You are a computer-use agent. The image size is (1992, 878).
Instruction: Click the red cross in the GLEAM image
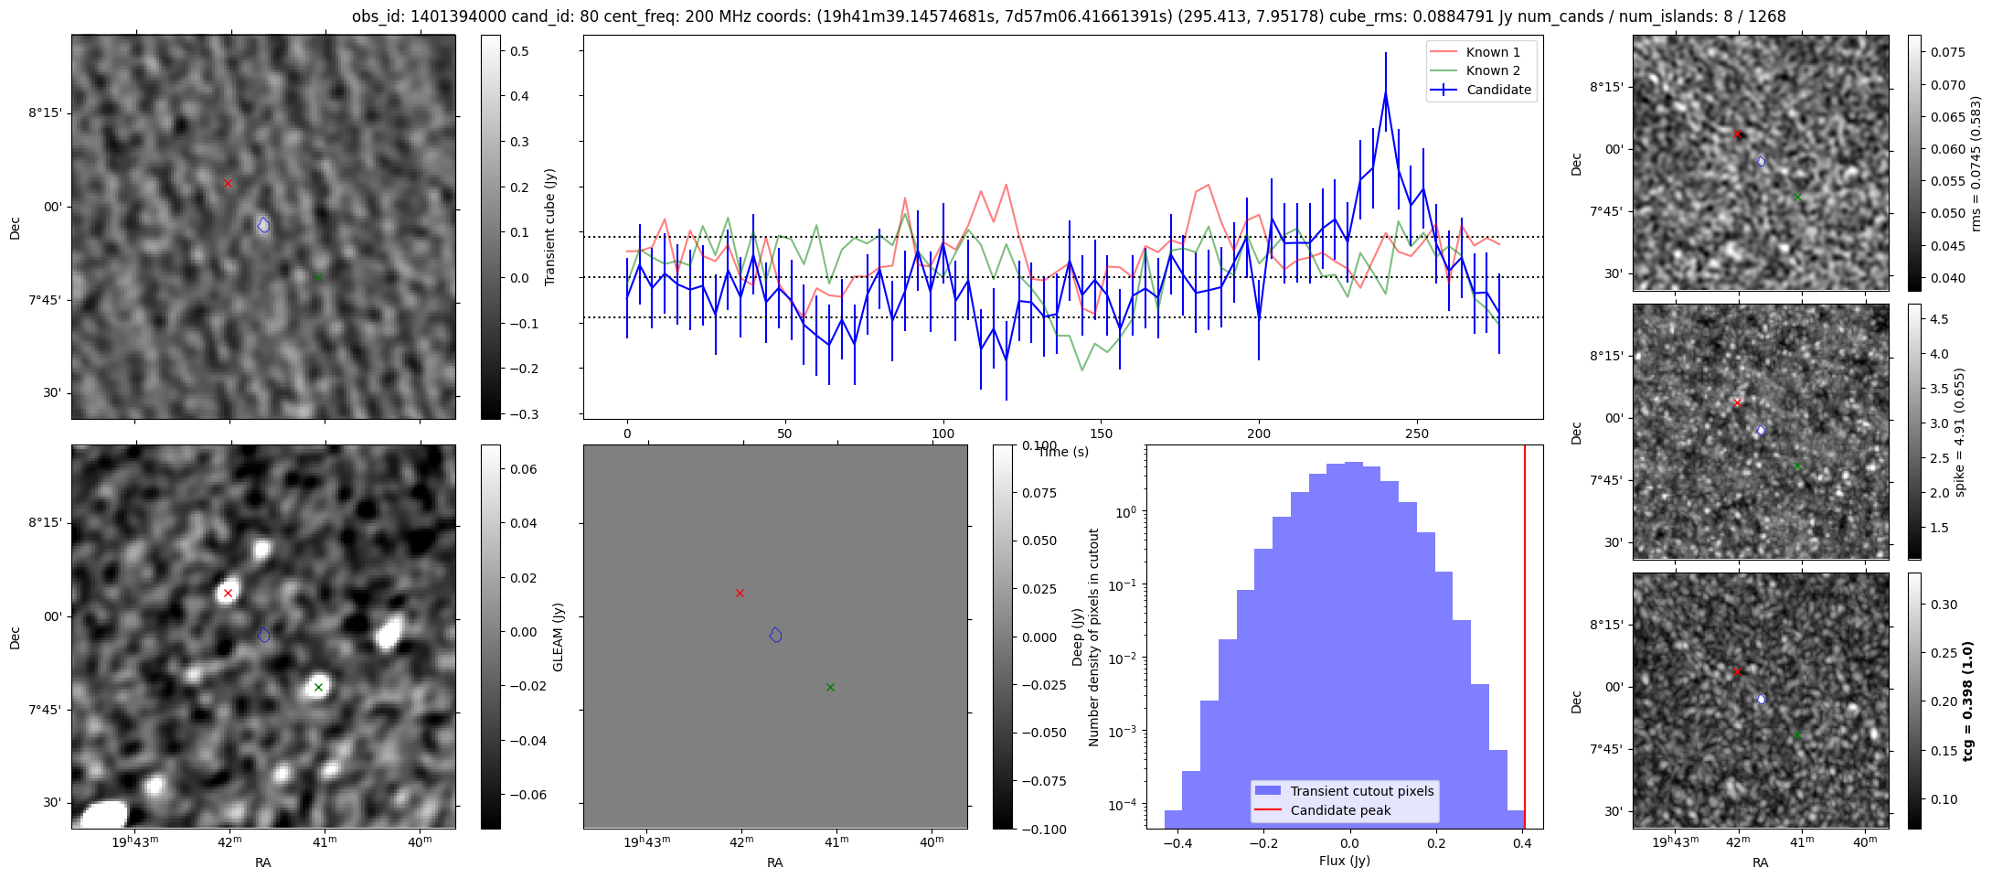(228, 593)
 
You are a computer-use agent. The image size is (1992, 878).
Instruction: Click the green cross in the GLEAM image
(318, 687)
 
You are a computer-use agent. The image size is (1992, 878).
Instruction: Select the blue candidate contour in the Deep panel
(775, 635)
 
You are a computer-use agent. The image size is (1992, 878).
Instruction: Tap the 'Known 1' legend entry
(1480, 52)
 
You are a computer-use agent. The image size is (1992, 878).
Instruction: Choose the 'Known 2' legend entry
(1480, 70)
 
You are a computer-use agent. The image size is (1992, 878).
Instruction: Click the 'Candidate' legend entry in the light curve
(1480, 90)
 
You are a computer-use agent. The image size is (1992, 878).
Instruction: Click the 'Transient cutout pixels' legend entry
(1345, 791)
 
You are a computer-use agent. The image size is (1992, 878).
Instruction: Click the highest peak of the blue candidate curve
(1386, 92)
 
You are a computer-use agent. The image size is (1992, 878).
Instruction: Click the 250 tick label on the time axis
(1417, 434)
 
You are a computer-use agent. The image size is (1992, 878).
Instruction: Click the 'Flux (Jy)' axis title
(1345, 861)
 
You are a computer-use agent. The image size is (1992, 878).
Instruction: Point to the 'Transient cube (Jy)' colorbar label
(550, 227)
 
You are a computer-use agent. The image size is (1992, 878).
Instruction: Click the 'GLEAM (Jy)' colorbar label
(559, 637)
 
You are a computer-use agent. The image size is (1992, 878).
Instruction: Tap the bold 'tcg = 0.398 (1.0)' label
(1968, 701)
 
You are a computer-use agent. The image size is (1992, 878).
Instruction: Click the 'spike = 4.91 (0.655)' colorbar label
(1959, 432)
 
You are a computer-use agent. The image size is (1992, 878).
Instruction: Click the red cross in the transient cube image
(228, 184)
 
